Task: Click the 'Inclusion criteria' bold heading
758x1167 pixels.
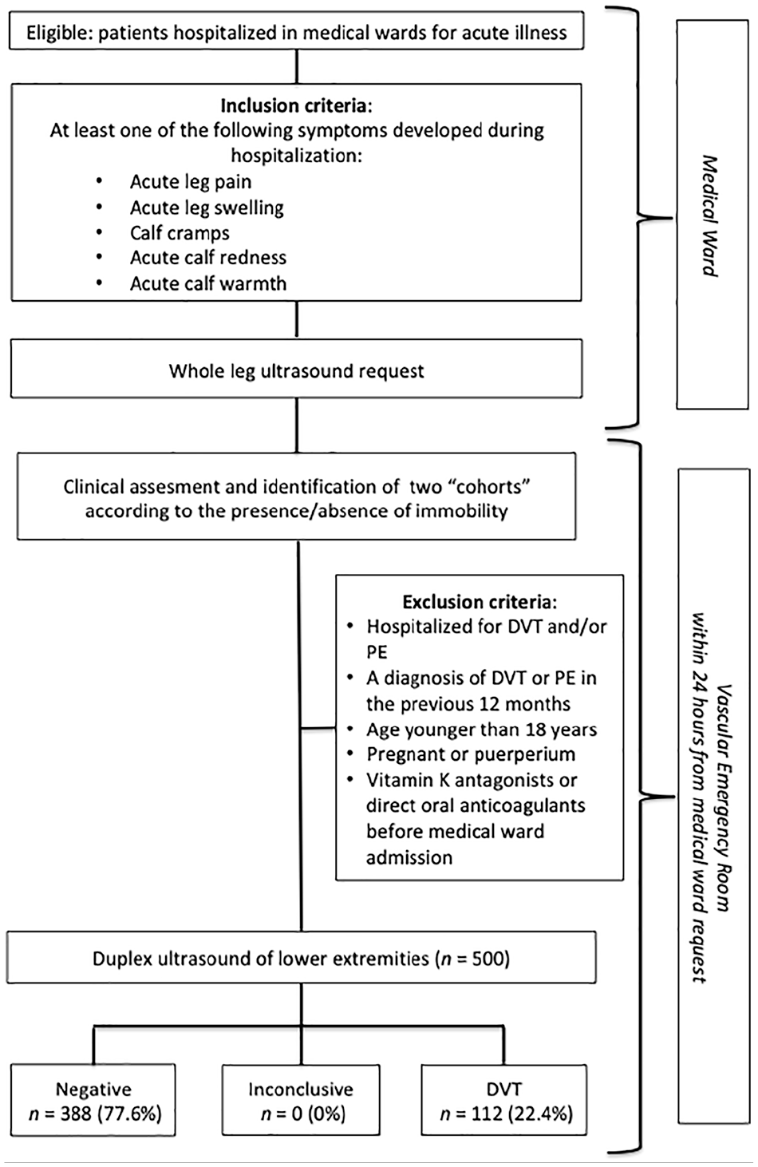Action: pos(294,105)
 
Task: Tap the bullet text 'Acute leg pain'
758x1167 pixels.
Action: pos(191,182)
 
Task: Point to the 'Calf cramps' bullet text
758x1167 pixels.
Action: pos(180,233)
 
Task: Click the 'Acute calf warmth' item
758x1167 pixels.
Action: pos(208,283)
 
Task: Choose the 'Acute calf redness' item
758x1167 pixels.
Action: pos(208,257)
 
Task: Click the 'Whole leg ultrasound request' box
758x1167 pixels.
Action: pos(296,369)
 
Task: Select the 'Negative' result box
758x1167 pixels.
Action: pos(93,1100)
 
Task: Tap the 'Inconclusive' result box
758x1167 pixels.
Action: pos(301,1100)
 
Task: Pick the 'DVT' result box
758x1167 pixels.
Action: pos(504,1100)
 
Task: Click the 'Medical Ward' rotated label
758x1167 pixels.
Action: pos(710,216)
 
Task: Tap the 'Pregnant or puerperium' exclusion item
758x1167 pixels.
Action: pos(471,754)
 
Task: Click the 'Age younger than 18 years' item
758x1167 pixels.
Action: pos(482,730)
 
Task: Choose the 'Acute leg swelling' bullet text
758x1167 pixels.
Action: pos(207,208)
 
